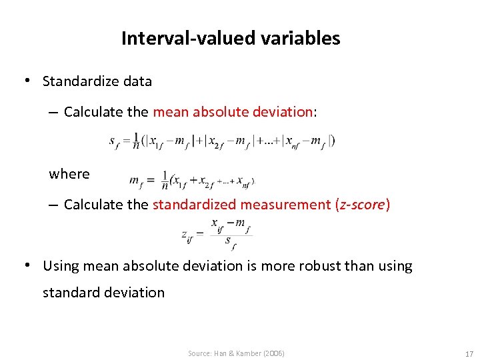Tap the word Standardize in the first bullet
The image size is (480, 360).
81,82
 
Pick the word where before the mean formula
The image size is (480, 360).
69,175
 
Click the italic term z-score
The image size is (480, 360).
362,205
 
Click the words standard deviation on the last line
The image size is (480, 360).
103,293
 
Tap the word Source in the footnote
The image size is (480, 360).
199,353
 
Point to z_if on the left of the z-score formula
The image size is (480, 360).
187,235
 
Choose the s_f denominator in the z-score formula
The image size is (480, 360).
230,241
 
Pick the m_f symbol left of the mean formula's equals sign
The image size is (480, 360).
137,182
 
